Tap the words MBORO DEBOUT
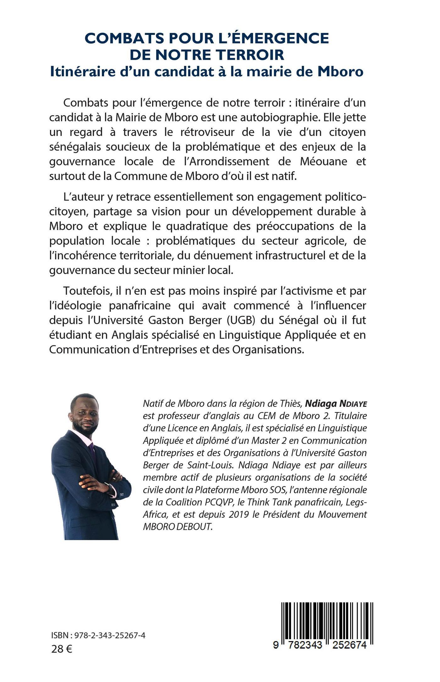click(x=178, y=527)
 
